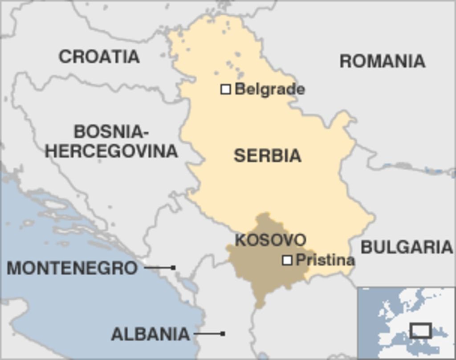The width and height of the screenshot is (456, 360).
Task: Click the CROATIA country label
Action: (x=99, y=57)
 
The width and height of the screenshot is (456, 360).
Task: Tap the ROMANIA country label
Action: (x=382, y=61)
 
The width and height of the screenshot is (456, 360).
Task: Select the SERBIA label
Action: (x=267, y=155)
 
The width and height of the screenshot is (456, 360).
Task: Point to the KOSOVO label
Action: (x=270, y=240)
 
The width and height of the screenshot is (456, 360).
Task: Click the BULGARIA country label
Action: (x=406, y=247)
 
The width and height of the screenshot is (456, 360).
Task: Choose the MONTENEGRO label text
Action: (x=72, y=268)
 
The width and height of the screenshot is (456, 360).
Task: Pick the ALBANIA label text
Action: (x=150, y=334)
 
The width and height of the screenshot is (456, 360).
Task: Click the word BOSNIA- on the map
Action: (x=110, y=132)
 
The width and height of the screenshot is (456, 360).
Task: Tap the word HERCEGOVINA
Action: (x=111, y=151)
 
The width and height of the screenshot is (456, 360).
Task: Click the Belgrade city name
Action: (x=269, y=89)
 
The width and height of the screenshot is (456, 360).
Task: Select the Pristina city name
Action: (x=325, y=260)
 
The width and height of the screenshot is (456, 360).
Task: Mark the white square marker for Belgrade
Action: (x=226, y=89)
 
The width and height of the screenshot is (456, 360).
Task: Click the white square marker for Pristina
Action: (x=287, y=260)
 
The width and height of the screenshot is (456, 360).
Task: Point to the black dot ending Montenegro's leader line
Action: (x=173, y=268)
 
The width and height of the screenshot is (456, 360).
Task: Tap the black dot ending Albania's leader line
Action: (x=223, y=333)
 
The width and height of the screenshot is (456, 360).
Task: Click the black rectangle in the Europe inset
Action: (x=420, y=331)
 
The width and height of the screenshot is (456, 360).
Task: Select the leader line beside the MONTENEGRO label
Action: (x=158, y=268)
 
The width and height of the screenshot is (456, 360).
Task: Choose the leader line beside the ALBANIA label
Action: (x=208, y=333)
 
